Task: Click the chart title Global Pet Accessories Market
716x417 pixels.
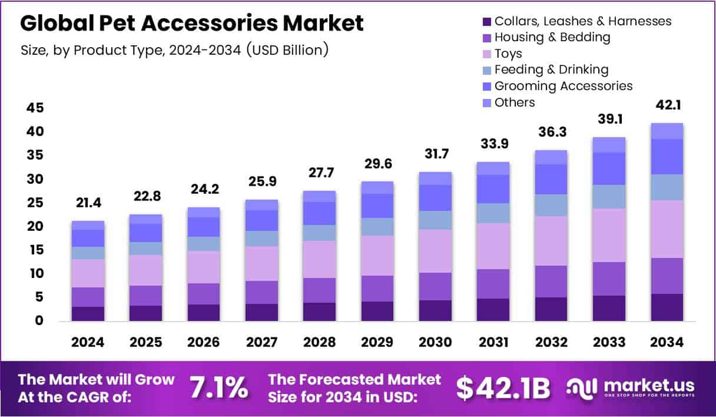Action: (192, 23)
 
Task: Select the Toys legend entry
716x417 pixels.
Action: (508, 54)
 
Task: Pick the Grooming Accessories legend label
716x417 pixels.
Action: (563, 86)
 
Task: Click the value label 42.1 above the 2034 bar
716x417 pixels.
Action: (667, 106)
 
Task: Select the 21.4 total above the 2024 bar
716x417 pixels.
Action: (88, 203)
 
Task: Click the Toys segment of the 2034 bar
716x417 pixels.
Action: (667, 229)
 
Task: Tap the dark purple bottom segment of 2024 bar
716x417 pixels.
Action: (88, 313)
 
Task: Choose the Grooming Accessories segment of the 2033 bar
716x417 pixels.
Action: (609, 168)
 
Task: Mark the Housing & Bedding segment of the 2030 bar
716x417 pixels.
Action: (435, 286)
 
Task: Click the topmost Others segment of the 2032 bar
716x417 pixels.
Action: (551, 157)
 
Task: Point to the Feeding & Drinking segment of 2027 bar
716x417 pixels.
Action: (261, 238)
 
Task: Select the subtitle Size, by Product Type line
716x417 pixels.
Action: (174, 50)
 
